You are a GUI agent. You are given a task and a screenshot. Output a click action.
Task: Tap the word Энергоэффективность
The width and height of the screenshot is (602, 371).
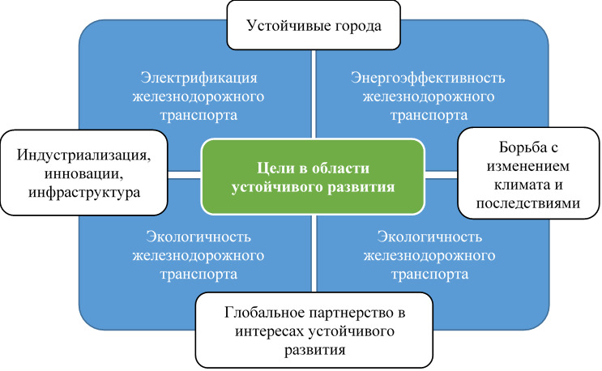pos(429,79)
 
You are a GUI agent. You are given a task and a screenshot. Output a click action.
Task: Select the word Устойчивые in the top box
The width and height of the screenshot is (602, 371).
pos(286,25)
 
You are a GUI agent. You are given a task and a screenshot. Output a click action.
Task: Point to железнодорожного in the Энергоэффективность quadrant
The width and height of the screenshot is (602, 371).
pos(429,96)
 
